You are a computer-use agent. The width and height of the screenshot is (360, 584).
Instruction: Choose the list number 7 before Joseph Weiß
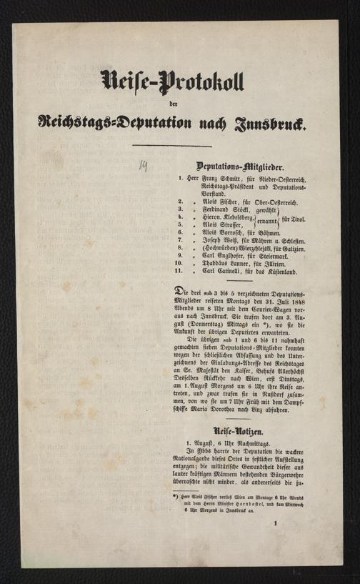(182, 241)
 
